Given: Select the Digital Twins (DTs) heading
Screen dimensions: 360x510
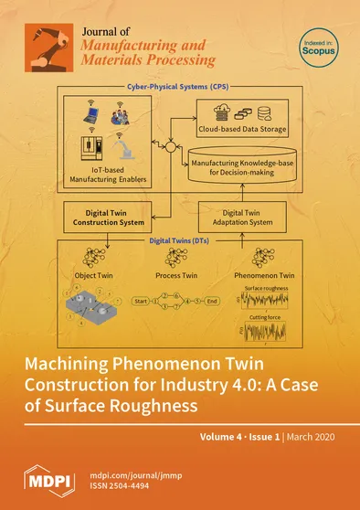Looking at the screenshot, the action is point(181,241).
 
